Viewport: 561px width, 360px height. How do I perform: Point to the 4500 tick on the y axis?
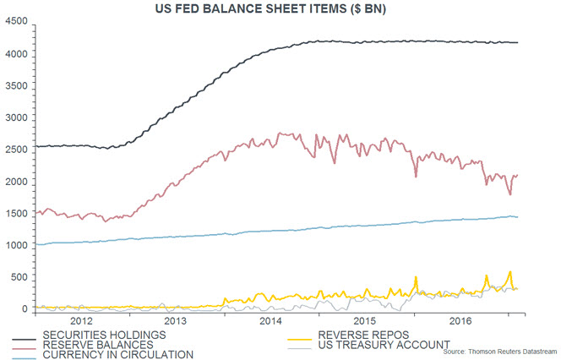[x=15, y=22]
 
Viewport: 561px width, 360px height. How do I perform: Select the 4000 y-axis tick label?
[x=15, y=54]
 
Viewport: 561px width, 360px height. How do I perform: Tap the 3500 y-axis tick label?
[x=15, y=86]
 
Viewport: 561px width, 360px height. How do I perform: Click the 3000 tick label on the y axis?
[x=15, y=118]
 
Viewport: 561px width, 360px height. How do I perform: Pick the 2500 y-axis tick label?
[x=15, y=150]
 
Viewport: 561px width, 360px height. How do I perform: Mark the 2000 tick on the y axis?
[x=15, y=182]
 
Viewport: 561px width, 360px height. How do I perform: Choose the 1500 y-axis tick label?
[x=15, y=214]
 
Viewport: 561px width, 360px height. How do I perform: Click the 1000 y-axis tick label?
[x=15, y=246]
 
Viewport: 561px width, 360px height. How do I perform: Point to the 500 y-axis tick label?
[x=19, y=277]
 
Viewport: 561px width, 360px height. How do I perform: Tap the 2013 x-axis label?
[x=176, y=322]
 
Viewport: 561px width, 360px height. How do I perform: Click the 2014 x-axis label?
[x=271, y=322]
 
